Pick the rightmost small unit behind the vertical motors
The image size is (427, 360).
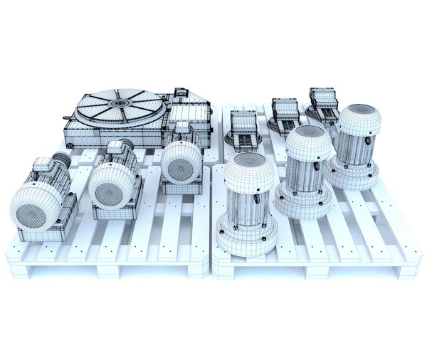[325, 103]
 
